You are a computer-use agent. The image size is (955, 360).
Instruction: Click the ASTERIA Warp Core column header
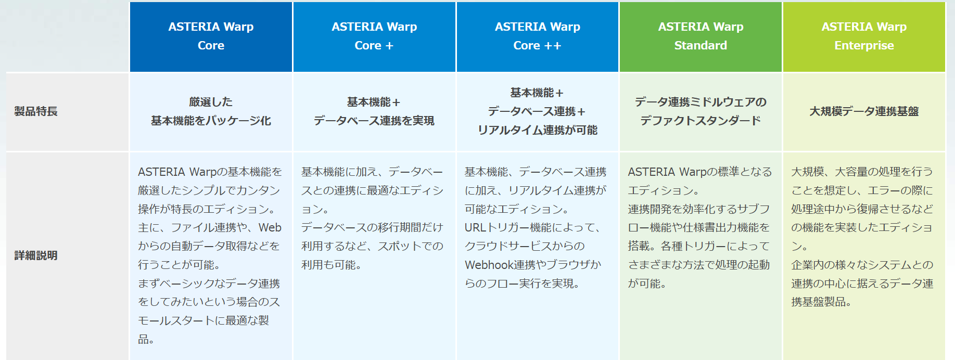211,36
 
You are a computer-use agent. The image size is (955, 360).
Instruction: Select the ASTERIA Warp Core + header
374,36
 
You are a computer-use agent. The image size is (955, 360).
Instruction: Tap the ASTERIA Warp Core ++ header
538,36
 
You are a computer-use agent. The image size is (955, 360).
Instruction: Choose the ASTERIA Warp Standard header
701,36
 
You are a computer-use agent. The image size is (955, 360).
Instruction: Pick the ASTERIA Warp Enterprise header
864,36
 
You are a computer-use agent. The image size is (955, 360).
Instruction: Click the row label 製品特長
36,111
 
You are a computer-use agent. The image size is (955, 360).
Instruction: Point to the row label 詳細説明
36,255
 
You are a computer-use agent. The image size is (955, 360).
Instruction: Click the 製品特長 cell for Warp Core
211,111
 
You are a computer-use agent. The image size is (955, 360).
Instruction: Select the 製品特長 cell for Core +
374,111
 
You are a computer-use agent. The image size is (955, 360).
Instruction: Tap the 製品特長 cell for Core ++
538,111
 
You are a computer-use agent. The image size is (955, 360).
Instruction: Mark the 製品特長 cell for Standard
701,111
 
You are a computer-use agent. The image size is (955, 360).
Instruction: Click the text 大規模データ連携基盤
864,111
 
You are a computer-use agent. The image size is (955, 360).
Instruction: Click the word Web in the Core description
270,228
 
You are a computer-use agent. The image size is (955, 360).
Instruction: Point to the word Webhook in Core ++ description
489,265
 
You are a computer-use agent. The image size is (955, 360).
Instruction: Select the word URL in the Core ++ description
475,228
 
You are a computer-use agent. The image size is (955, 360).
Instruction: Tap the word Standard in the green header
701,45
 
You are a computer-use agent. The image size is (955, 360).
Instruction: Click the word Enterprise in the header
864,46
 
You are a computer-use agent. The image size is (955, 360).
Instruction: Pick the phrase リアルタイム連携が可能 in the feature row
538,130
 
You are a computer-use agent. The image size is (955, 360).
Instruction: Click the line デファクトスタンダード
701,121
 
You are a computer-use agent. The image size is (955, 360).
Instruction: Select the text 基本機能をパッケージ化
211,121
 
